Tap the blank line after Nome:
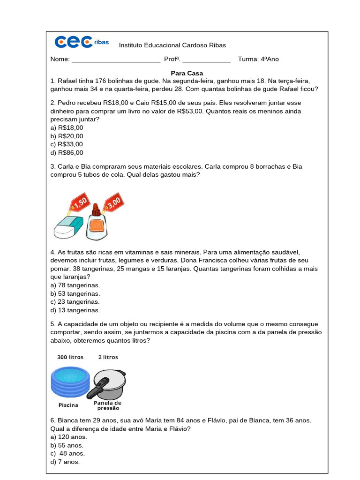(116, 60)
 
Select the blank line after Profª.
(206, 60)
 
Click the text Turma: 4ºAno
(258, 59)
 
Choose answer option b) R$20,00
(67, 136)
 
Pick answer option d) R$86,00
(67, 153)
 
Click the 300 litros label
(70, 357)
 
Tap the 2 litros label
(108, 357)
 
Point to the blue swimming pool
(69, 381)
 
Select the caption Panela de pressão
(108, 405)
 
